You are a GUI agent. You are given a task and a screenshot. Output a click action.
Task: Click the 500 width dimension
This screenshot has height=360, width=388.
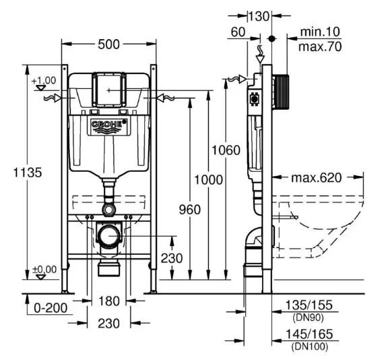coord(108,44)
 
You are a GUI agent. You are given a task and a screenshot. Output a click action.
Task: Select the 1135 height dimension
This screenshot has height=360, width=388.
coord(28,173)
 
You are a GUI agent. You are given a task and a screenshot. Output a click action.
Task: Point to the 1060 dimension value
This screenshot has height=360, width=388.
coord(226,150)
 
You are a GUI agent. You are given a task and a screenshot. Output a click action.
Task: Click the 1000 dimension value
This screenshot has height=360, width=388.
coord(208,180)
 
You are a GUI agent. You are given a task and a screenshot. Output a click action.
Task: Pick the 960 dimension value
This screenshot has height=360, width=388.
coord(190,210)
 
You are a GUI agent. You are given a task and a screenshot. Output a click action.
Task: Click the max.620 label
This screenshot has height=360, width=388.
coord(317,178)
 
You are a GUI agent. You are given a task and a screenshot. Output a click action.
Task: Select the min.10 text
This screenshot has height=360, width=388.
coord(320,32)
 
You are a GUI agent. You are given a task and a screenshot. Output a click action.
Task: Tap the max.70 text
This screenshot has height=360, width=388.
coord(320,47)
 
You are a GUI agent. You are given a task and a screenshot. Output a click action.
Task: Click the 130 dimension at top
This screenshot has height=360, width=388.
coord(259,17)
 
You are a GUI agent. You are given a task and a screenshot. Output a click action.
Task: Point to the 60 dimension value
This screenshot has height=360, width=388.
coord(238,32)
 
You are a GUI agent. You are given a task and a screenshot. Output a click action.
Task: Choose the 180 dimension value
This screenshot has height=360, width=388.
coord(109,301)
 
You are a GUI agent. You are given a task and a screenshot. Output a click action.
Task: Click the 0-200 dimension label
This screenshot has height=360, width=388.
coord(51,308)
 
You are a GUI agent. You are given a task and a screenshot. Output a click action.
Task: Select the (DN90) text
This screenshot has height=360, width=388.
coord(308,318)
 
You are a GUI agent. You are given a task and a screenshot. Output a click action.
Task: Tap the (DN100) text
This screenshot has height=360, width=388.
coord(310,346)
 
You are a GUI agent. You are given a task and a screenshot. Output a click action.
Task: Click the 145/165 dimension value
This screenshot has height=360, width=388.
coord(309,334)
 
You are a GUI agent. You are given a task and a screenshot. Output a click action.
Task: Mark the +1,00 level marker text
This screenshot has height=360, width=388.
coord(44,80)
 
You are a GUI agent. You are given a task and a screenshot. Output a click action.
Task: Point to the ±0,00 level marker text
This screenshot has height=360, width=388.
coord(44,270)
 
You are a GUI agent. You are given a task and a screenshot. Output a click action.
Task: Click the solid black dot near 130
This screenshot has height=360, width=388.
coord(271,38)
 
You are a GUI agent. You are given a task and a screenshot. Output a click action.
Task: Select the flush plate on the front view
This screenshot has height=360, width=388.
coord(109,90)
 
